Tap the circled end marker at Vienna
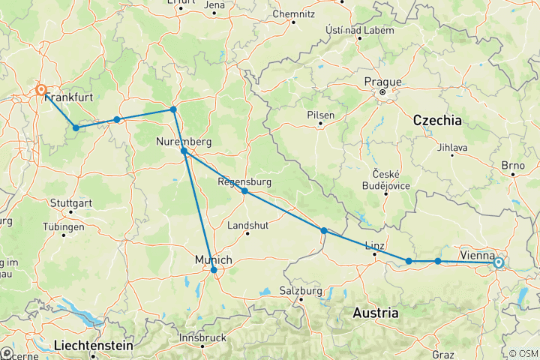498,263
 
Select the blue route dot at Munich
214,270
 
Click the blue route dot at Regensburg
244,191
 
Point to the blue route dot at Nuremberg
184,151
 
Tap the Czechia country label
436,120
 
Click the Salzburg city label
300,290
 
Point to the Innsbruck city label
203,337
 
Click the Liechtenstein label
94,346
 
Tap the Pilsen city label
321,115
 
